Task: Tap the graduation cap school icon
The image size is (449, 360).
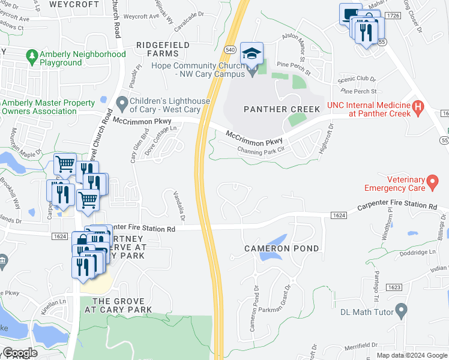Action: (252, 53)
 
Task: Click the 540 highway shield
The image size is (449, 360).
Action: (230, 49)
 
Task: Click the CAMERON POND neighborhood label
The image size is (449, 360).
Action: (281, 248)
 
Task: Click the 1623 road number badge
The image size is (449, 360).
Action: (394, 287)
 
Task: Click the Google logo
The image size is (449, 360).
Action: (19, 353)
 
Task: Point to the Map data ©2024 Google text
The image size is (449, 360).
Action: (411, 355)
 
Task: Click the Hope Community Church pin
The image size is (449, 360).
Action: (252, 71)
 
